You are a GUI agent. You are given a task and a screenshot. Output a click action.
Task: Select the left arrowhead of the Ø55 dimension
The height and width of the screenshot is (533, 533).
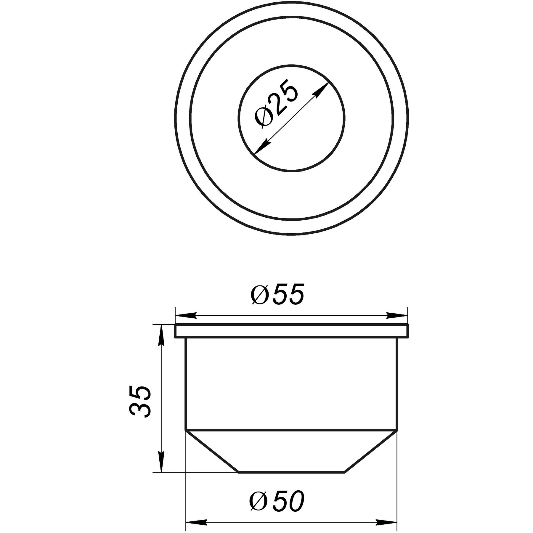point(187,316)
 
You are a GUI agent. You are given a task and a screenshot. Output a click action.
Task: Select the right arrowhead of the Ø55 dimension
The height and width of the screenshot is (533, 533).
point(397,316)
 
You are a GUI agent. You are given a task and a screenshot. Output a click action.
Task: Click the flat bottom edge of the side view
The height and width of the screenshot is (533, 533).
point(292,472)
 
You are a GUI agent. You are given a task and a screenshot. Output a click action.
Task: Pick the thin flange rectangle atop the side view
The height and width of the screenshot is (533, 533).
point(292,331)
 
